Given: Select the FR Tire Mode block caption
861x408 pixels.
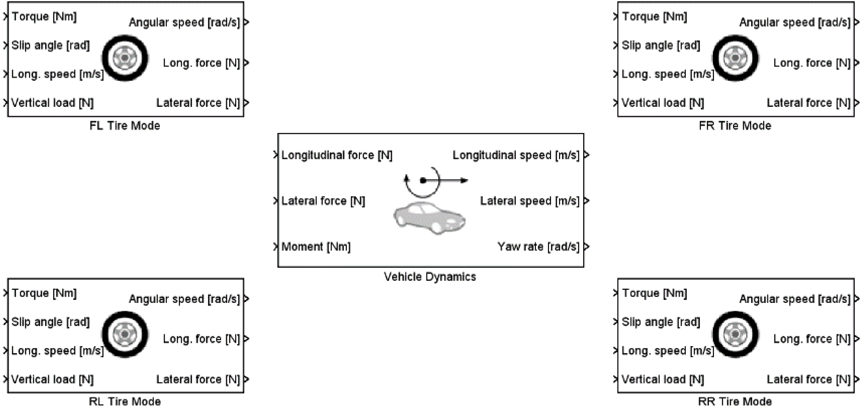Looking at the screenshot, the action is [735, 126].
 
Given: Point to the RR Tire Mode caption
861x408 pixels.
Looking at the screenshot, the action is [735, 401].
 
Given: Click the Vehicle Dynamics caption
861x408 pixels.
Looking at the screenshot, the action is [430, 277].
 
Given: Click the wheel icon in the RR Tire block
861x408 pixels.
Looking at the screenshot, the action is [735, 334].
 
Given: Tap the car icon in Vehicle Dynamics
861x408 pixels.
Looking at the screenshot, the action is [429, 218].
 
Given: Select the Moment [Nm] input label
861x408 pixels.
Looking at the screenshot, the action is [316, 247].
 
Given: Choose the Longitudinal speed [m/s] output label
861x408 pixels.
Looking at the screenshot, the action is [516, 155].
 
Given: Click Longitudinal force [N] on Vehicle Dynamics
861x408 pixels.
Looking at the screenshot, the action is [337, 155].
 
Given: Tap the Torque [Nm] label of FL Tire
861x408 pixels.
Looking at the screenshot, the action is [44, 16].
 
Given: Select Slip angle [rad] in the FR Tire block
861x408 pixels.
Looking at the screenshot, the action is [661, 45].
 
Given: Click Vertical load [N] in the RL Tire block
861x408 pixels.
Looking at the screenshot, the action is [52, 379].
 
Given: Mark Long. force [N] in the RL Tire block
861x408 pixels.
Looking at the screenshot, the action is [201, 339].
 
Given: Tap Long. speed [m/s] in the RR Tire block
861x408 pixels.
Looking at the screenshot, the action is [667, 351].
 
